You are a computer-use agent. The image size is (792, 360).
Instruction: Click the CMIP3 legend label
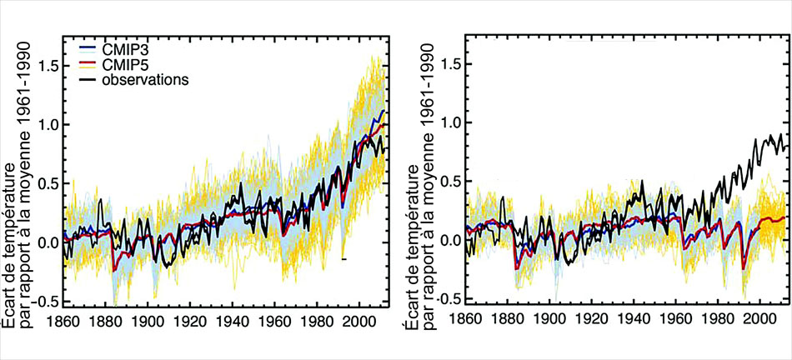coord(124,50)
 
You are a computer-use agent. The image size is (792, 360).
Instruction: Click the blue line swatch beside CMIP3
coord(88,50)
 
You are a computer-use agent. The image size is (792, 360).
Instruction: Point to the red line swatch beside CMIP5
coord(88,65)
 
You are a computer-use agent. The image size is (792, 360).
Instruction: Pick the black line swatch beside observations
coord(88,80)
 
